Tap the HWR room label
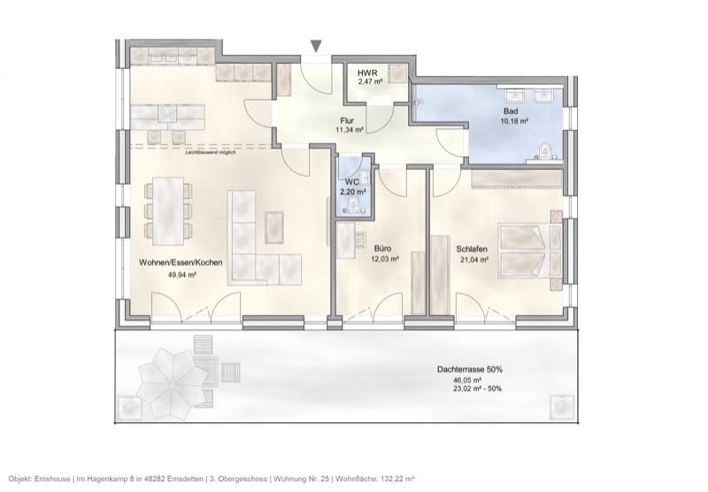[x=368, y=73]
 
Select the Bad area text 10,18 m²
[x=512, y=120]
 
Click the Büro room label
[x=382, y=250]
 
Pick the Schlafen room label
[x=473, y=250]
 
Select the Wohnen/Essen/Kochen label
[x=181, y=263]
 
